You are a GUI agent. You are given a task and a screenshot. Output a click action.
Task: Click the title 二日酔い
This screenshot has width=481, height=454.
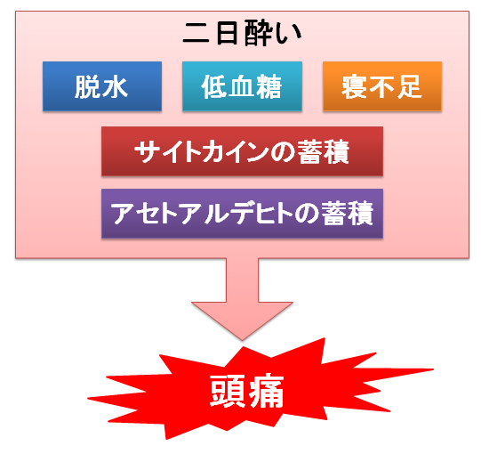(242, 33)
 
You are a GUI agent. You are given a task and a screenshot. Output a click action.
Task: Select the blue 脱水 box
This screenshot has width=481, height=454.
(102, 86)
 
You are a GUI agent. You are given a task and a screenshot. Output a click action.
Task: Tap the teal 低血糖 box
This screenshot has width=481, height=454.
(242, 86)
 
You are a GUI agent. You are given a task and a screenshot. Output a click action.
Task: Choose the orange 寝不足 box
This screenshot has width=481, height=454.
(382, 86)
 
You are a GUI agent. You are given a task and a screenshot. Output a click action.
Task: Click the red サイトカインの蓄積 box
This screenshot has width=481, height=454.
(242, 151)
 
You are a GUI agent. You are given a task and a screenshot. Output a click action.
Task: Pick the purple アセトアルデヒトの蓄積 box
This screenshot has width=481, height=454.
(242, 214)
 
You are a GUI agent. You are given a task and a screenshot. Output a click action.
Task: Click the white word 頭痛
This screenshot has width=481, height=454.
(247, 391)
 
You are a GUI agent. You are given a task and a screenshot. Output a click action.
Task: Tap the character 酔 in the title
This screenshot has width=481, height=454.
(257, 33)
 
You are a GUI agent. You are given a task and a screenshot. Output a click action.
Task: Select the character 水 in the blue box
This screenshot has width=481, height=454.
(115, 87)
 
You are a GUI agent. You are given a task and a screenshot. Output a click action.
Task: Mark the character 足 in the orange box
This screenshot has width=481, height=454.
(409, 87)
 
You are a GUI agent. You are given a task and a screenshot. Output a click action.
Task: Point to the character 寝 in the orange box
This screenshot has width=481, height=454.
(355, 87)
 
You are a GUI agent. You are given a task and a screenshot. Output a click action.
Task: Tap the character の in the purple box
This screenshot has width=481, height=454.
(307, 215)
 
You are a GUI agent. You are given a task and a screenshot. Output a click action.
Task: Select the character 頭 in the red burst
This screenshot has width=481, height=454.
(228, 391)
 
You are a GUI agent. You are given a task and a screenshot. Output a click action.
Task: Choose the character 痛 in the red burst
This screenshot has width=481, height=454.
(266, 391)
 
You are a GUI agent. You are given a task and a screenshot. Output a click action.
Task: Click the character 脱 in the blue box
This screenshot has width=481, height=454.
(88, 87)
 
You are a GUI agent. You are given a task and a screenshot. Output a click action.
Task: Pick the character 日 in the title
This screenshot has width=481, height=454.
(227, 33)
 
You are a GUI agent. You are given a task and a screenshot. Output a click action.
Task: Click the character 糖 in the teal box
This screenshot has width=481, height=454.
(269, 87)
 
